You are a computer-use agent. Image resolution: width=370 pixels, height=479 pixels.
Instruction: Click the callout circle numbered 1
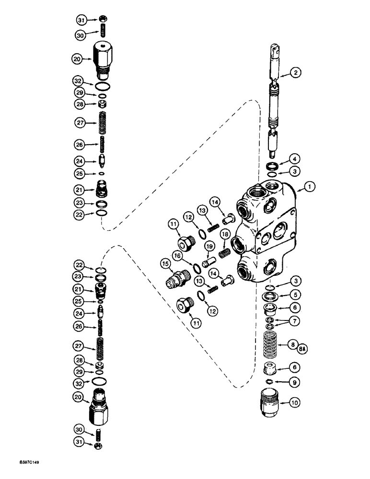point(310,188)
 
